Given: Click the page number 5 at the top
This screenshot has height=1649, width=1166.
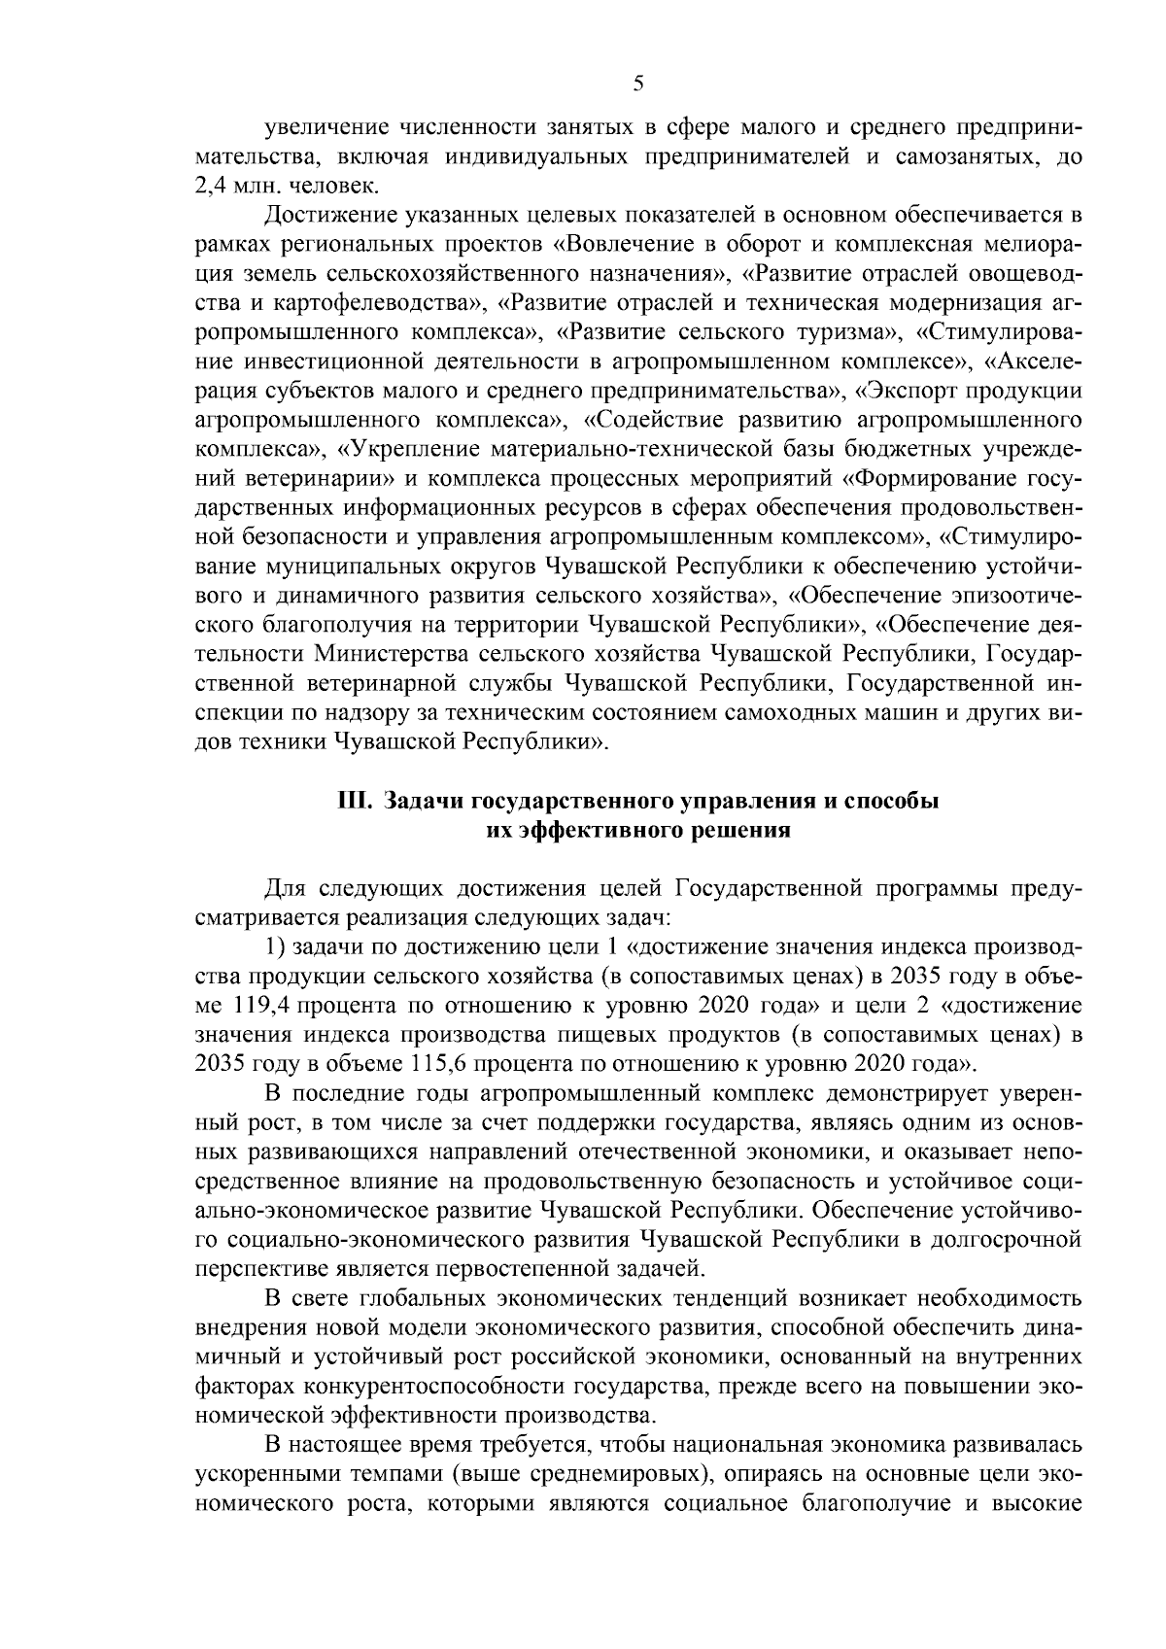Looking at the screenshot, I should pyautogui.click(x=637, y=84).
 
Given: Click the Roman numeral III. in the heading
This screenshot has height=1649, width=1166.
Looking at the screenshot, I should pyautogui.click(x=356, y=802).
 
